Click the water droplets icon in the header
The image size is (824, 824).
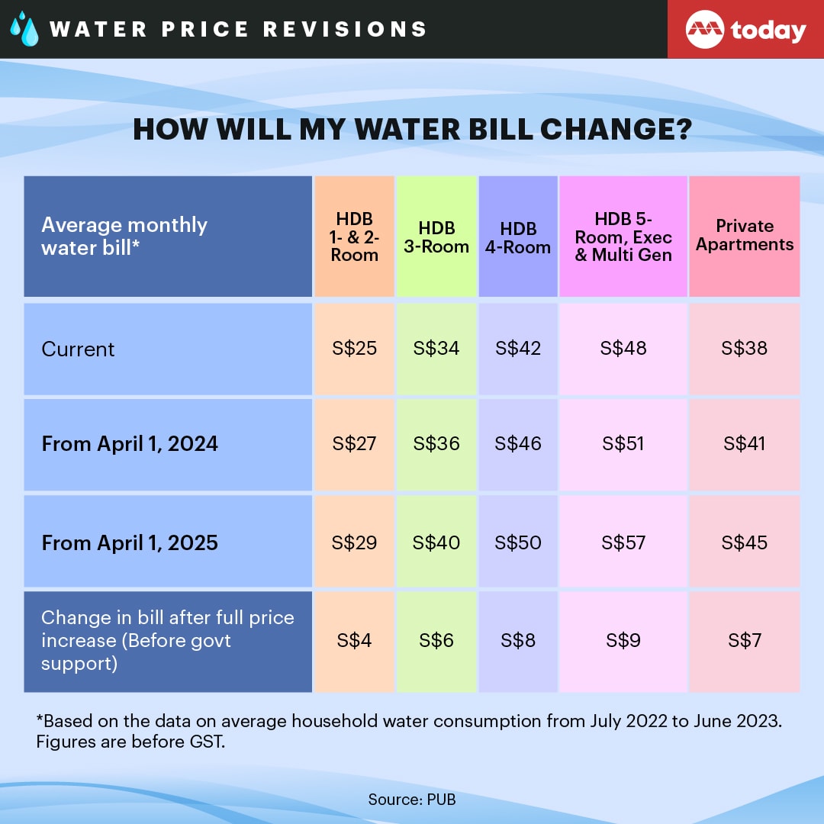[24, 29]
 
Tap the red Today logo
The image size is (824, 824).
[745, 30]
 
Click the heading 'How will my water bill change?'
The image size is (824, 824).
[412, 129]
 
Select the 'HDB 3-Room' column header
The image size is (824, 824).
[436, 237]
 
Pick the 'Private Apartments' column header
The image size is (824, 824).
[745, 236]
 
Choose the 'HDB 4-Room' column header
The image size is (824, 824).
[518, 237]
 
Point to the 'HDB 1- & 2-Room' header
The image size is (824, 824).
[354, 237]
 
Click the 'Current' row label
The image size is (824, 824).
[78, 349]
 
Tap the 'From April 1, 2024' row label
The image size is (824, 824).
[130, 444]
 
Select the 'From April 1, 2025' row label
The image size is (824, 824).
[130, 543]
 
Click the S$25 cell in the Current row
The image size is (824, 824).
[354, 349]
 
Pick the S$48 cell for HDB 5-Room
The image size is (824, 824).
[623, 349]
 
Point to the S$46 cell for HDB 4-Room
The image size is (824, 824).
[518, 444]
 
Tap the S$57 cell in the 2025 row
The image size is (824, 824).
[623, 543]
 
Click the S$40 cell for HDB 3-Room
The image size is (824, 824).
[436, 543]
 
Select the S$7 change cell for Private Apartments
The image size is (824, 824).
[745, 641]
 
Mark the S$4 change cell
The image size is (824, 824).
[354, 641]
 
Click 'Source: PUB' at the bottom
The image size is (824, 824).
[412, 800]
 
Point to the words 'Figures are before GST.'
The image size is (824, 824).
[130, 742]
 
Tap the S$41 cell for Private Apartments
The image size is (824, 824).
[745, 444]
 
